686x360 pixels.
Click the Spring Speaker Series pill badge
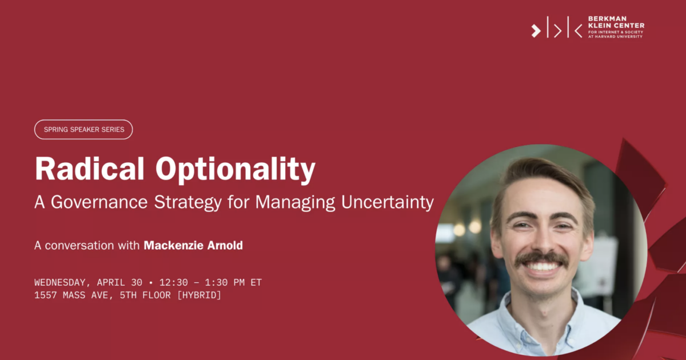click(x=83, y=130)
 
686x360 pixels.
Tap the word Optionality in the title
click(x=235, y=170)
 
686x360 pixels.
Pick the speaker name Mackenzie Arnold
click(x=193, y=246)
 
